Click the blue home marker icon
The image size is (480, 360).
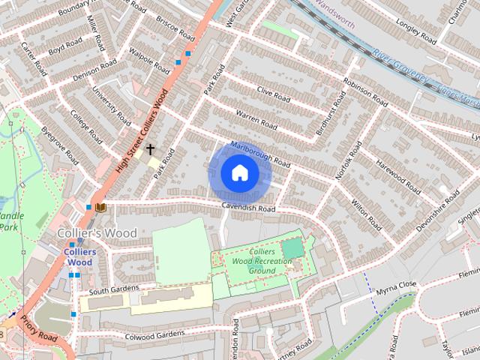click(x=239, y=173)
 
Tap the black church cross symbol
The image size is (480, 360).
click(x=150, y=149)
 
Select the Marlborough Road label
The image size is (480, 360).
click(x=260, y=153)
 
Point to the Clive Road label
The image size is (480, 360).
click(x=273, y=94)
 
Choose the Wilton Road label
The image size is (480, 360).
click(x=361, y=206)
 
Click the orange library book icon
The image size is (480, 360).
click(x=100, y=206)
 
